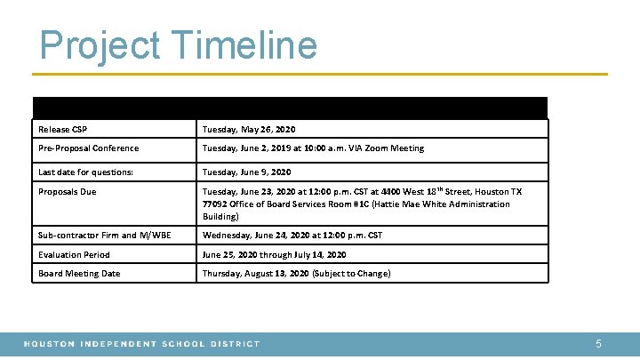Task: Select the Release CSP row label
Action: pos(62,129)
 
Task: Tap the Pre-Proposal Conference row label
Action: pos(88,148)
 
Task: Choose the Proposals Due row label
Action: pos(68,192)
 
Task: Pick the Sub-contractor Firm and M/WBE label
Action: pos(105,236)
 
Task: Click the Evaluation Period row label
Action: pos(75,254)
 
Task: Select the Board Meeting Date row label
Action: pos(79,274)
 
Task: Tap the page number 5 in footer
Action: pos(598,343)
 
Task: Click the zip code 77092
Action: pos(215,204)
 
